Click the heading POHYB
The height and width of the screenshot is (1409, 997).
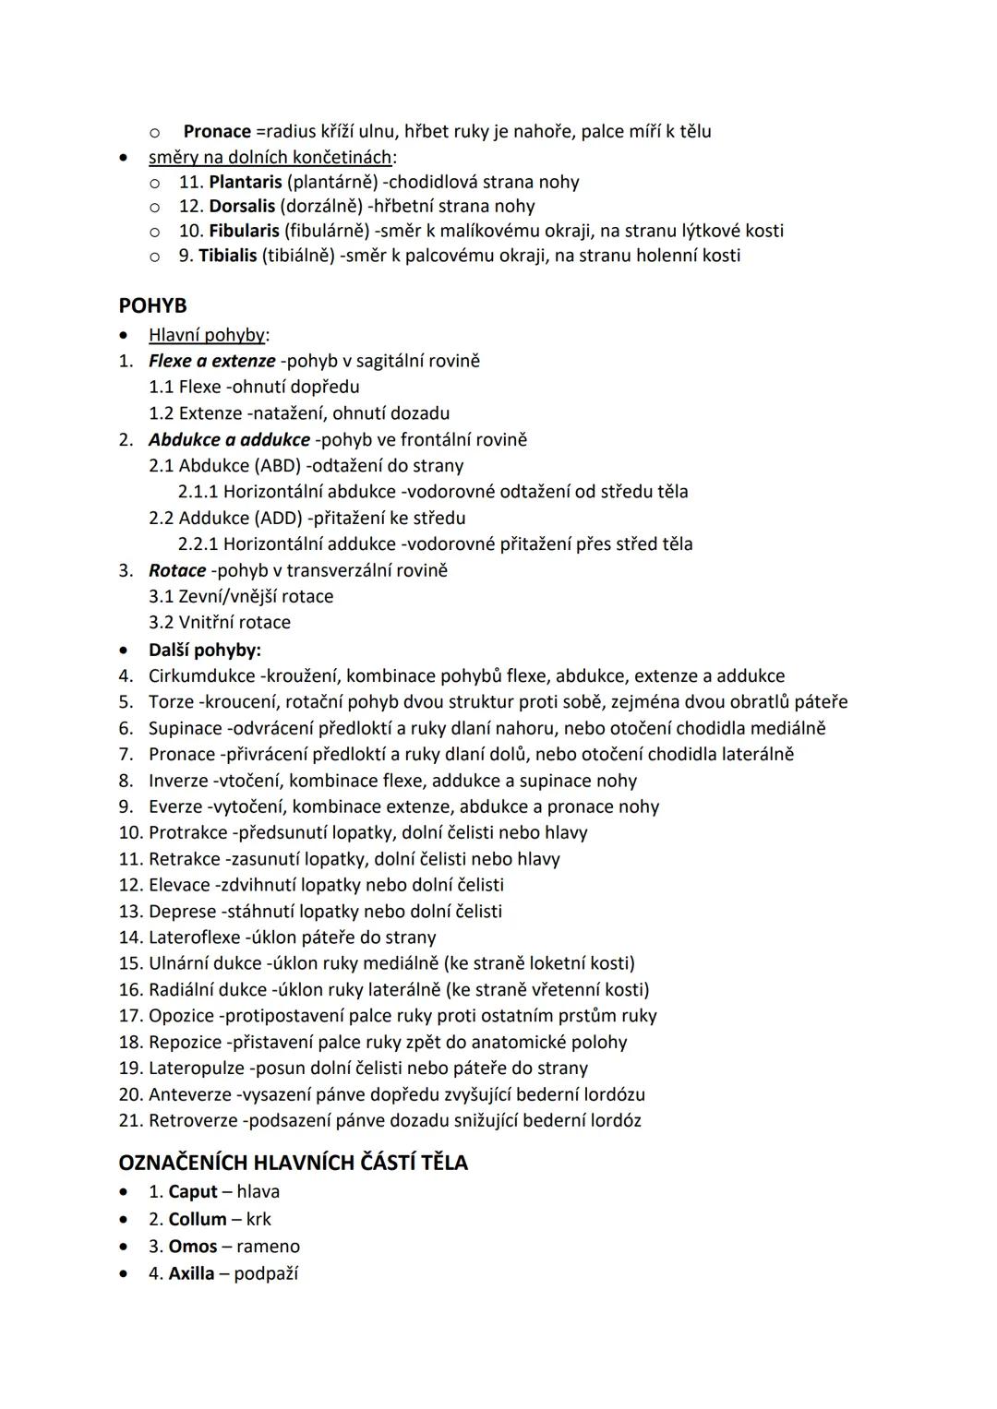[152, 306]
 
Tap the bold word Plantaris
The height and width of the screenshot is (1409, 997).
[245, 182]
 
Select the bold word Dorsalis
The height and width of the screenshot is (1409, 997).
[242, 206]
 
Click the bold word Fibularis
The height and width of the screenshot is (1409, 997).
[244, 231]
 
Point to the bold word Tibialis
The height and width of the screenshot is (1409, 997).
[227, 256]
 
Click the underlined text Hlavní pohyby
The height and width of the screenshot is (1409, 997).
[207, 335]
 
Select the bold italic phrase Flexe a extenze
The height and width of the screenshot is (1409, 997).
[211, 361]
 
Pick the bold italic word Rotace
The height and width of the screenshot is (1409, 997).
[177, 570]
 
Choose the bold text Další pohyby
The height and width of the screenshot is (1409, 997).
[205, 650]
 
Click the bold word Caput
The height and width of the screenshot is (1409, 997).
[193, 1192]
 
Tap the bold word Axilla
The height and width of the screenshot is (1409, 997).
[191, 1274]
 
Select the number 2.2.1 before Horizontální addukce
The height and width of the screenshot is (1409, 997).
[198, 544]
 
